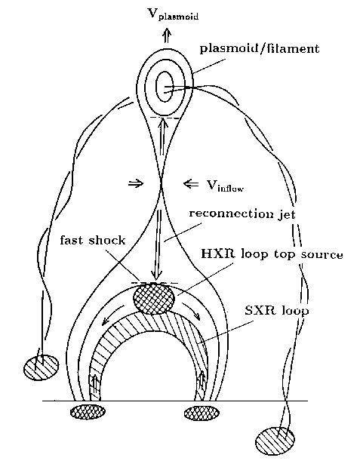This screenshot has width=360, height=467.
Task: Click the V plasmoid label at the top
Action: (x=173, y=14)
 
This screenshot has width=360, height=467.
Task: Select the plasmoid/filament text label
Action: (x=260, y=48)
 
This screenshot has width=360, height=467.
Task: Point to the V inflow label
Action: (x=226, y=186)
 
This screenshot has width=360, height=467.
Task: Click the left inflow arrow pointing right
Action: (x=136, y=183)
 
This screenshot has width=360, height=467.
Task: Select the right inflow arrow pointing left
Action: (x=191, y=184)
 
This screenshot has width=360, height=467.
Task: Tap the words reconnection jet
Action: (x=242, y=214)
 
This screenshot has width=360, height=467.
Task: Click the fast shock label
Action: (x=93, y=240)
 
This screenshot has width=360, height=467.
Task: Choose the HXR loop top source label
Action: (x=272, y=255)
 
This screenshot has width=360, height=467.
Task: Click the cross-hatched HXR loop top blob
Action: (x=153, y=299)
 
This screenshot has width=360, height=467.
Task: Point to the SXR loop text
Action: (x=276, y=311)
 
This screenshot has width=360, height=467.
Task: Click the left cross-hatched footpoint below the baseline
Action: (x=88, y=412)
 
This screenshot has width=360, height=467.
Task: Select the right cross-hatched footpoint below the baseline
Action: (x=202, y=413)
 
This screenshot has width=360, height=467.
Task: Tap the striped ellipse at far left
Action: (x=41, y=367)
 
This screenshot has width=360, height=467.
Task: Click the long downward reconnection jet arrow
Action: (x=157, y=244)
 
